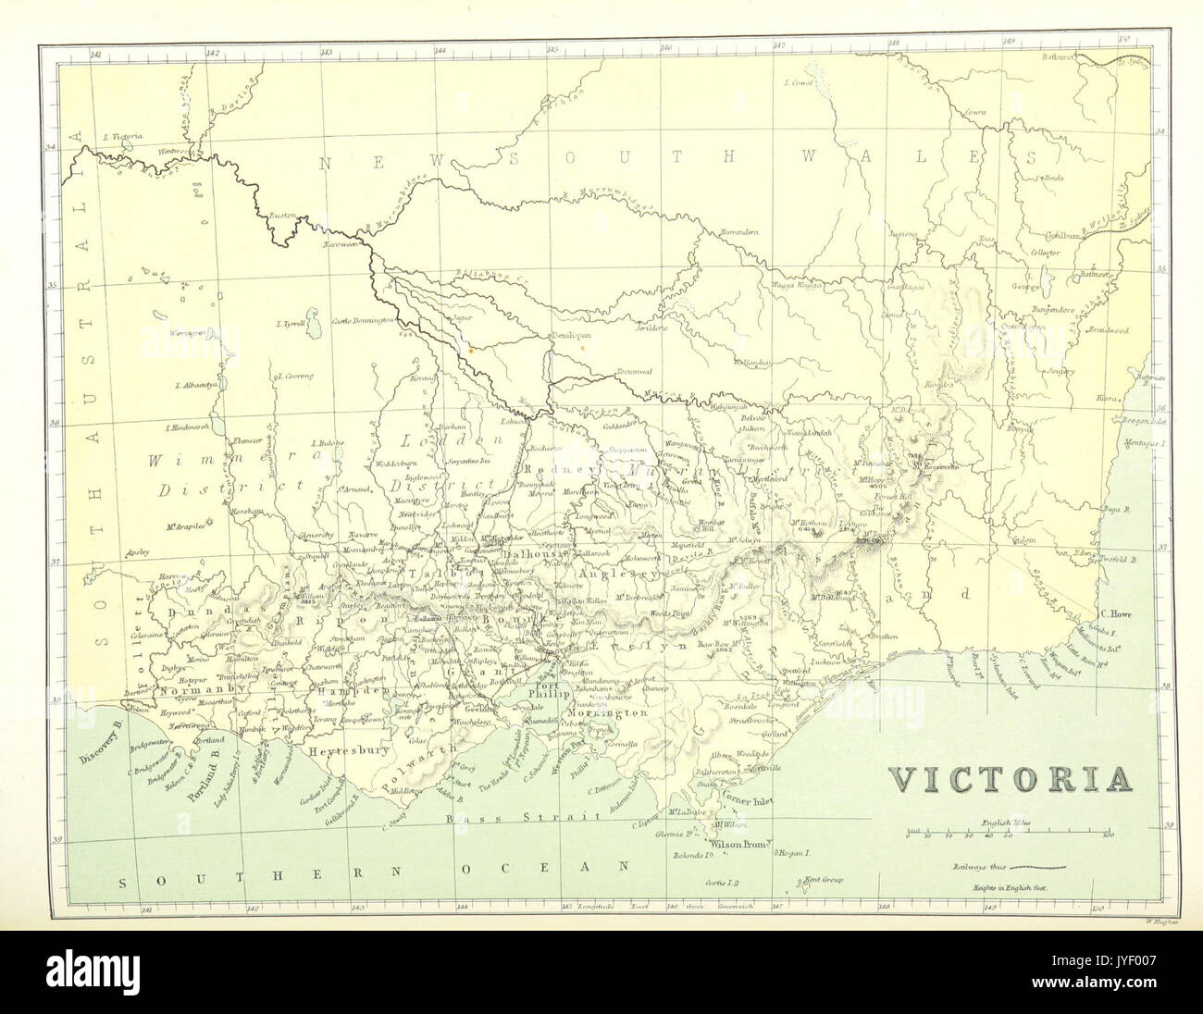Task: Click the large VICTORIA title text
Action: point(1012,779)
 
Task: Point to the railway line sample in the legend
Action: point(1036,869)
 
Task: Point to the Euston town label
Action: point(281,216)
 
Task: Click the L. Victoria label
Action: point(122,136)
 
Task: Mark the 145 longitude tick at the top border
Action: point(552,51)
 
